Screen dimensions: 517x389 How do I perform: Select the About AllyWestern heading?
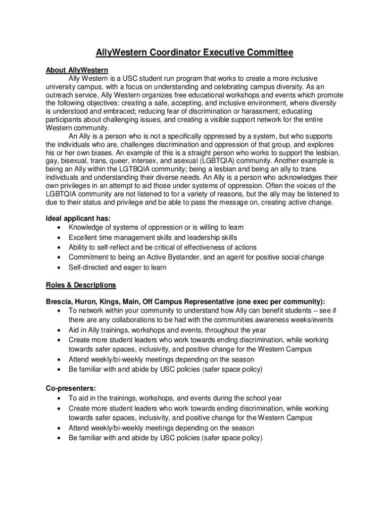77,70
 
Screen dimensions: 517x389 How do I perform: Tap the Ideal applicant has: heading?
78,218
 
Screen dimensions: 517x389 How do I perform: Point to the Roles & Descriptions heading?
81,285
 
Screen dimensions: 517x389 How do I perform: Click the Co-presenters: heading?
71,388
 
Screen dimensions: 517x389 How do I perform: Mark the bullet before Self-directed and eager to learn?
60,268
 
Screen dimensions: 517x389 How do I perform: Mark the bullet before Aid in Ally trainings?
60,330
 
